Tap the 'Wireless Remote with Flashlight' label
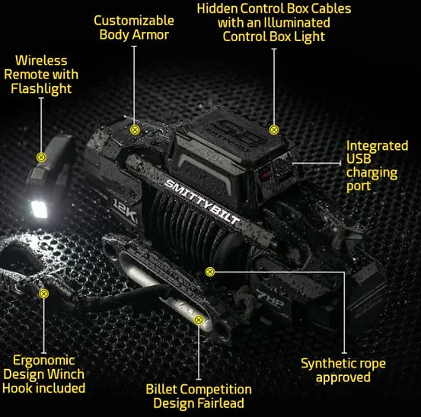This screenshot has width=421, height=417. click(x=41, y=74)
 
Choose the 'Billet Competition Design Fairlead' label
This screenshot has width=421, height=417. click(x=198, y=396)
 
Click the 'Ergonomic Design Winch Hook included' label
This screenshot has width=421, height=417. click(x=43, y=374)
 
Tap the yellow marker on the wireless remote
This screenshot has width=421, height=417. click(x=42, y=158)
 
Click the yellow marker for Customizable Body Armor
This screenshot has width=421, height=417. click(x=135, y=129)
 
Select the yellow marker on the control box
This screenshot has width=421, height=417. click(x=275, y=129)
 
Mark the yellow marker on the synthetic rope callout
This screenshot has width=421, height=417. click(x=210, y=271)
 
